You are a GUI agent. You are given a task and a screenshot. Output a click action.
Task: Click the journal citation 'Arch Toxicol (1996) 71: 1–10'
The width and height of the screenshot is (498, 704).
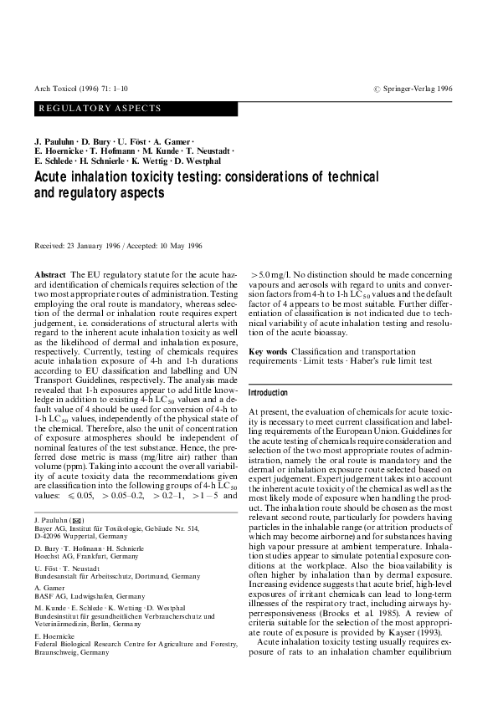75,88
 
